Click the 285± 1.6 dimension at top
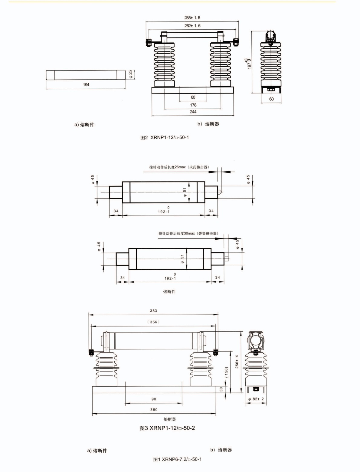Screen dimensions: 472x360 click(192, 18)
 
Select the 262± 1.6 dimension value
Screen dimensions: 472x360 click(192, 26)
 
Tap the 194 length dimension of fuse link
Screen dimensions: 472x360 click(86, 85)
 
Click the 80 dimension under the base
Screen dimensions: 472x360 click(193, 97)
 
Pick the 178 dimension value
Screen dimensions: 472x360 click(193, 105)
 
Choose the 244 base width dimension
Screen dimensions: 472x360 click(193, 112)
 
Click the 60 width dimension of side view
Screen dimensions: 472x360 click(271, 99)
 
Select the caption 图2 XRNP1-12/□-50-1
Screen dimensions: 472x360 click(165, 137)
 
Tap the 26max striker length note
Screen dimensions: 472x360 click(179, 167)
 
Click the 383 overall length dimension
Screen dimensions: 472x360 click(153, 311)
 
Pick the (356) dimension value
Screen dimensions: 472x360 click(153, 322)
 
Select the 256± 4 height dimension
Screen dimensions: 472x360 click(237, 361)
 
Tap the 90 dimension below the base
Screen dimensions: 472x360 click(154, 399)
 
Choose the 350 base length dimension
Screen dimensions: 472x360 click(154, 410)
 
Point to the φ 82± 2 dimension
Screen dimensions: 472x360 click(256, 399)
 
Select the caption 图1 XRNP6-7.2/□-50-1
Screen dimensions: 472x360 click(177, 459)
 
